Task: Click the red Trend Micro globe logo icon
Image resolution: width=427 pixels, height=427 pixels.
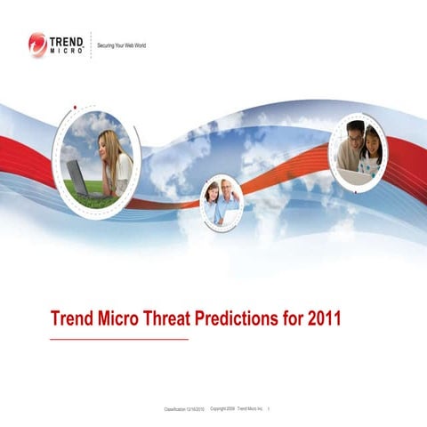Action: pos(37,43)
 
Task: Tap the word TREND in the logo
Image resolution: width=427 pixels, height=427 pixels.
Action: pos(68,39)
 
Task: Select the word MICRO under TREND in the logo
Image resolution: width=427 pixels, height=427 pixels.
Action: pos(68,50)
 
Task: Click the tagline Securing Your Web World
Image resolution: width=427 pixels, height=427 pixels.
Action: pos(122,44)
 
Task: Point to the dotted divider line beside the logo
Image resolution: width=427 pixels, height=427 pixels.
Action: pos(91,44)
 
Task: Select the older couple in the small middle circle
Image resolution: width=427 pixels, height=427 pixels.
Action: pos(221,202)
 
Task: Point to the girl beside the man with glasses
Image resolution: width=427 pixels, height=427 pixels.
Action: pos(372,151)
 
